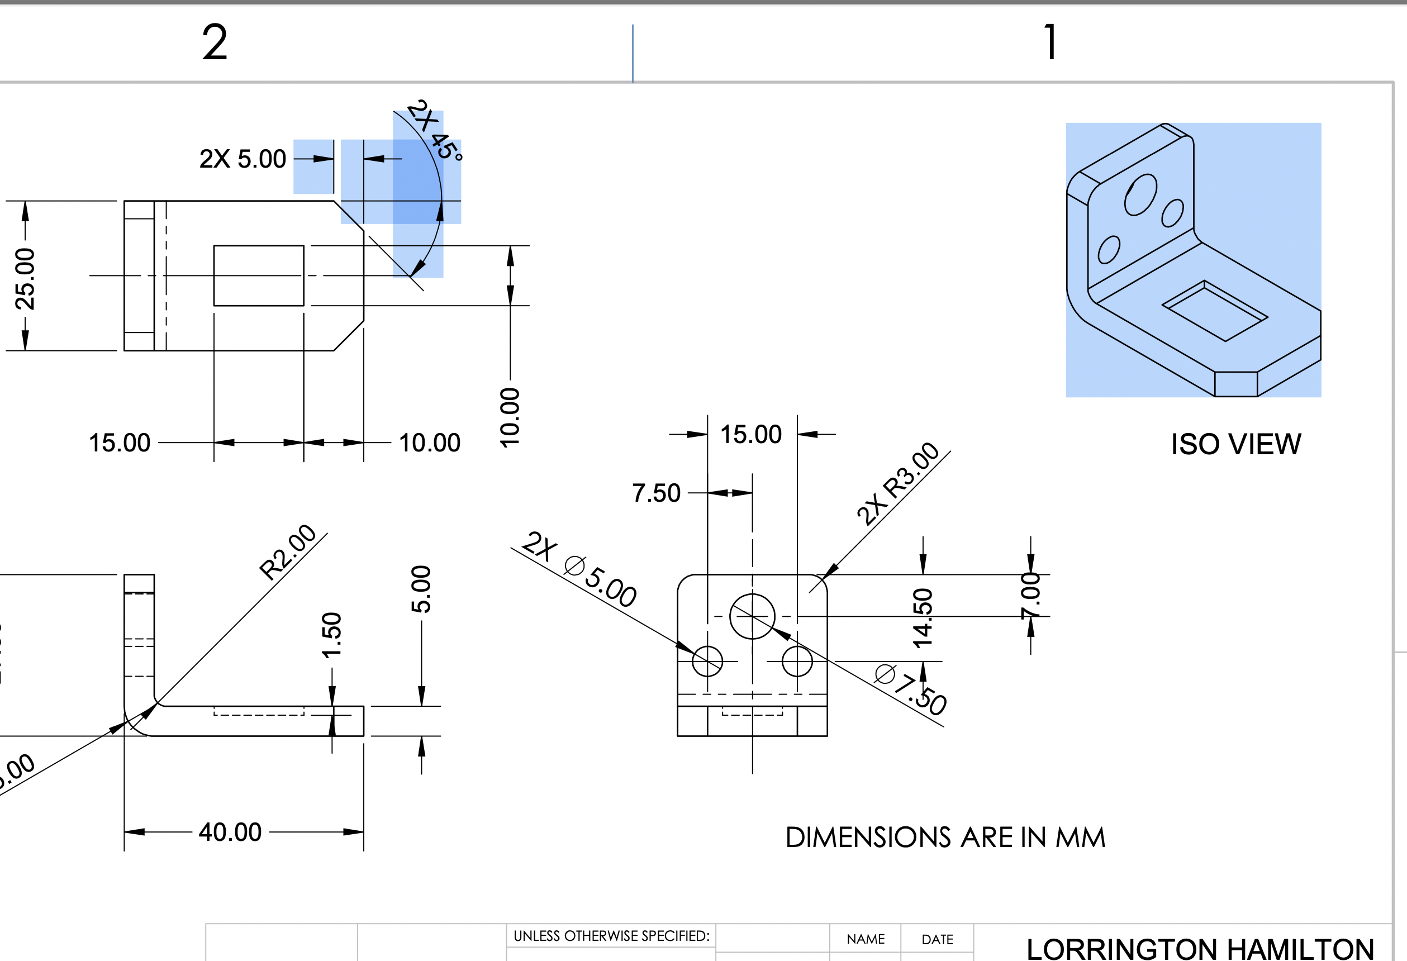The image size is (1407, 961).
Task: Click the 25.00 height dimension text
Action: [x=25, y=279]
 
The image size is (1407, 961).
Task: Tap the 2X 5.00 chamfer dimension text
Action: [x=242, y=159]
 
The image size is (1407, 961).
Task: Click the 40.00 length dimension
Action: [x=230, y=832]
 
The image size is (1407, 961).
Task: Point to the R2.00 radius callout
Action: [x=288, y=551]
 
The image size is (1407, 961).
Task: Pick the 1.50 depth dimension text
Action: [x=332, y=635]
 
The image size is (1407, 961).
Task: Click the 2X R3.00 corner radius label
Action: [x=897, y=484]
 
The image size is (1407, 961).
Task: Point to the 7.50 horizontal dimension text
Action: [x=656, y=493]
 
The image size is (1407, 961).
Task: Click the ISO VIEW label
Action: [x=1235, y=445]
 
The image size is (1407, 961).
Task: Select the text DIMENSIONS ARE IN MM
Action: [x=945, y=838]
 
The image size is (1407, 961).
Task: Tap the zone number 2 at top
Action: [x=215, y=42]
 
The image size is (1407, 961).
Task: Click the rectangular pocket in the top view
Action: [x=259, y=275]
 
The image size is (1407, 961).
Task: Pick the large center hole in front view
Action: [x=752, y=616]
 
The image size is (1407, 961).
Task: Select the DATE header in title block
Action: [x=937, y=939]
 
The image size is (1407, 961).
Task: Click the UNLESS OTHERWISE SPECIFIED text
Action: [x=611, y=936]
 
